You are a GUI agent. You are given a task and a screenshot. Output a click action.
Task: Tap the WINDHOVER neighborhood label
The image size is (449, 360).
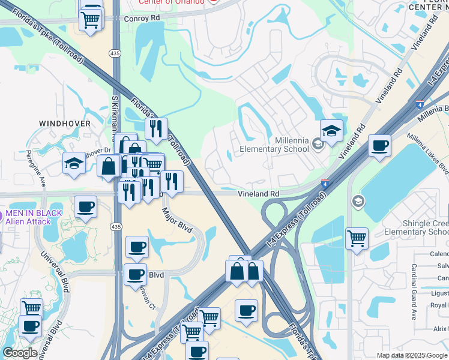point(65,124)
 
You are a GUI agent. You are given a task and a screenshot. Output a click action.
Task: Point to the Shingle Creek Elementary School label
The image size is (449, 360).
point(416,227)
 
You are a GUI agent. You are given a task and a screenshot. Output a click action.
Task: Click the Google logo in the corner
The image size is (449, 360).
point(19,353)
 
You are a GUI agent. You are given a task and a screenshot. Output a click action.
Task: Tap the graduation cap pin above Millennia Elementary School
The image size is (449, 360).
point(331,130)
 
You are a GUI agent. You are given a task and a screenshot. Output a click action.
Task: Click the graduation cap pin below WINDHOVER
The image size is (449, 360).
point(74,163)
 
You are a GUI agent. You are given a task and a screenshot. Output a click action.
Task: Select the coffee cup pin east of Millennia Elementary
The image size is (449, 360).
point(379,145)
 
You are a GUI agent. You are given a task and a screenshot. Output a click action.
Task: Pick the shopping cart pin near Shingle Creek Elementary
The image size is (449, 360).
point(357,238)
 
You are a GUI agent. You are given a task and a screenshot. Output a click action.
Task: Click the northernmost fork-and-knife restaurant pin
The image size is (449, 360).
point(155,128)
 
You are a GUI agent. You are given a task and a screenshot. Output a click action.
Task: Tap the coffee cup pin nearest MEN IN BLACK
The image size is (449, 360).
point(86,206)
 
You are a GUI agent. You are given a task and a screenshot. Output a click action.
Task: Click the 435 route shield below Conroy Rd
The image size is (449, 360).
point(114,53)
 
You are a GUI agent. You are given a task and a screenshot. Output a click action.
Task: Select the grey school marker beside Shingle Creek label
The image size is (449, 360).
point(358,200)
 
